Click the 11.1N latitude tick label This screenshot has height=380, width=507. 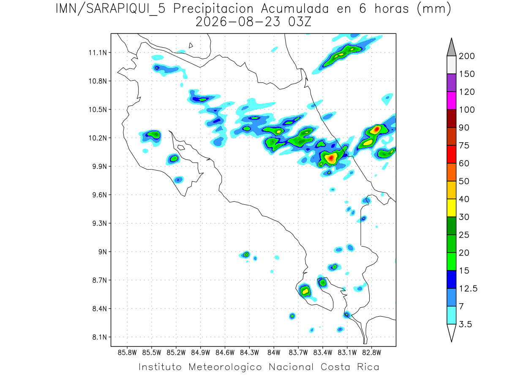point(98,53)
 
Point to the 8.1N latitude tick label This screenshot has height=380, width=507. point(100,337)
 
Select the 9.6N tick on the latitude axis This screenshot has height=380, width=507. point(100,195)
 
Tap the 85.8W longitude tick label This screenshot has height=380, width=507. point(127,353)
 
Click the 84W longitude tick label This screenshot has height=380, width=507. point(274,353)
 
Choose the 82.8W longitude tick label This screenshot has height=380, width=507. point(371,353)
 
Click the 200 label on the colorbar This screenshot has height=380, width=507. point(466,56)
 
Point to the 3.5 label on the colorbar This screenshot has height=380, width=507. point(465,324)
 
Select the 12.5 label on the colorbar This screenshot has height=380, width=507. point(468,289)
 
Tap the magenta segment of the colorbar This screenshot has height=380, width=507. point(452,100)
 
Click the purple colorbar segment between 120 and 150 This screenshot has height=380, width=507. point(452,83)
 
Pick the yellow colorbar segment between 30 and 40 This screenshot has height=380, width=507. point(452,208)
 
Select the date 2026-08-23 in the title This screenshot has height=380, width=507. point(238,22)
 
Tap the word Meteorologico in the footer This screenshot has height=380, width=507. point(225,367)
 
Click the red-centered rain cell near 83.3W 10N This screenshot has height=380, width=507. point(331,158)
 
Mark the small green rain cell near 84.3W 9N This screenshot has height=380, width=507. point(246,255)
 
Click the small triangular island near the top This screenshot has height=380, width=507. point(191,46)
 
